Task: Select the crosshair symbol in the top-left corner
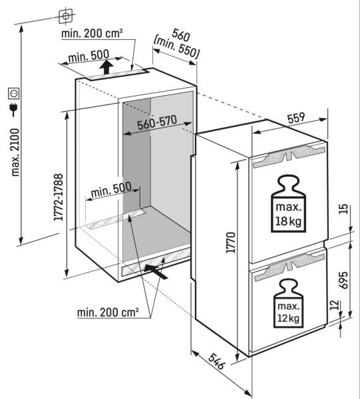(65, 14)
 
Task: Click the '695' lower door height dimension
(344, 279)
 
